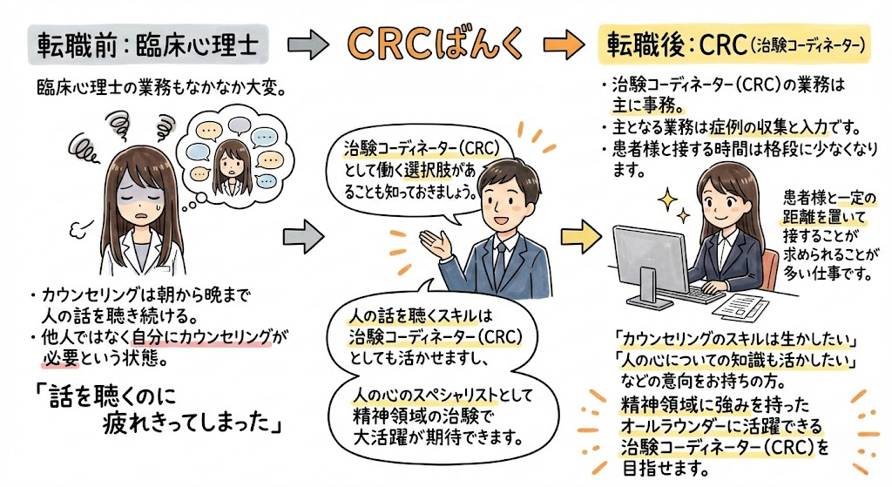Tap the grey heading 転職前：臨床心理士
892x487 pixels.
(145, 44)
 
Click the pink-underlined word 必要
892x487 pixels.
(52, 359)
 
